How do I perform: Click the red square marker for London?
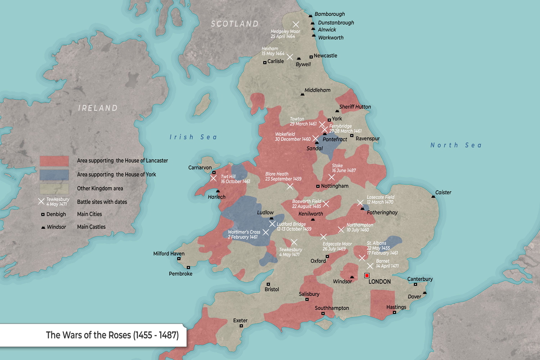367,275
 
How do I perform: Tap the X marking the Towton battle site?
322,124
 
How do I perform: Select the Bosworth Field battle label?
306,203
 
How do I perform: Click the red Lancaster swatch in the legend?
54,161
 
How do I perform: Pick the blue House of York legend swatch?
54,175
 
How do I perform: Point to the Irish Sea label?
193,137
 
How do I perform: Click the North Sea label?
456,145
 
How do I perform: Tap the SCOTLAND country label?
235,24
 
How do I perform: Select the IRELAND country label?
98,108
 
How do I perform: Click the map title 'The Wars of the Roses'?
112,335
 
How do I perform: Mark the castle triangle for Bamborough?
311,16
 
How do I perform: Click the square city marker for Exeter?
241,326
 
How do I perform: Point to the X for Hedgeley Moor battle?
296,25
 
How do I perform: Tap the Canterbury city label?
420,279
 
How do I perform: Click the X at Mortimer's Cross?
266,232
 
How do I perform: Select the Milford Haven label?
169,254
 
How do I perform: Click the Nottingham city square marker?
318,186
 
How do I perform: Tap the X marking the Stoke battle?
332,177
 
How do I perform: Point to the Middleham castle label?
317,90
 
